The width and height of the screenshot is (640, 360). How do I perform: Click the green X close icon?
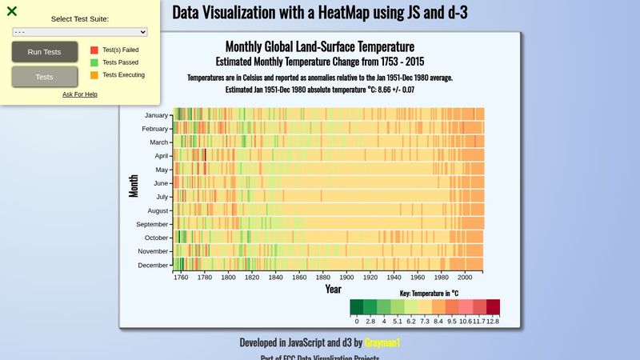[12, 11]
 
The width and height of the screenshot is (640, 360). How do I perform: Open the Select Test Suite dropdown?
[80, 31]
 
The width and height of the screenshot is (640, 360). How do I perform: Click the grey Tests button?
[45, 77]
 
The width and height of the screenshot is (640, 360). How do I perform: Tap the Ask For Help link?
[80, 94]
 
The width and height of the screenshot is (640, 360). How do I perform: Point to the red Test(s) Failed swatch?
[94, 50]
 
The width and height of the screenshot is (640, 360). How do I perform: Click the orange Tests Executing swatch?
[94, 74]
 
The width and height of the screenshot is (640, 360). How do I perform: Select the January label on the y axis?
[156, 115]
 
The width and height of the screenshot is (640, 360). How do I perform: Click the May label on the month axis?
[161, 170]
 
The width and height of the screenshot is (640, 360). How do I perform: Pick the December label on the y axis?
[153, 265]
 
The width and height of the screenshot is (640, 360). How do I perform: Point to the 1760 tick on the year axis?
[181, 278]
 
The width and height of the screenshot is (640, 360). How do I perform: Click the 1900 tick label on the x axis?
[346, 278]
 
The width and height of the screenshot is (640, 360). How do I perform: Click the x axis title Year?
[333, 289]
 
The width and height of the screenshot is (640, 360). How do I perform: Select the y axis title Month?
[134, 186]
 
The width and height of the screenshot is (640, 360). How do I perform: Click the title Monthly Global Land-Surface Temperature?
[320, 47]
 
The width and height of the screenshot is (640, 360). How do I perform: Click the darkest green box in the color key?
[357, 307]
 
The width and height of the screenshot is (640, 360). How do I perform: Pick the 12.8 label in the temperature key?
[493, 321]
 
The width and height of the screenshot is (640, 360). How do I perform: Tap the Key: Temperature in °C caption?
[429, 294]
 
